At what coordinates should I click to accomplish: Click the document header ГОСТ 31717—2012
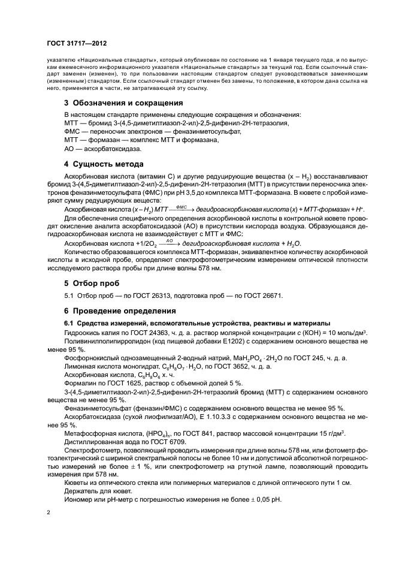pyautogui.click(x=77, y=44)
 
